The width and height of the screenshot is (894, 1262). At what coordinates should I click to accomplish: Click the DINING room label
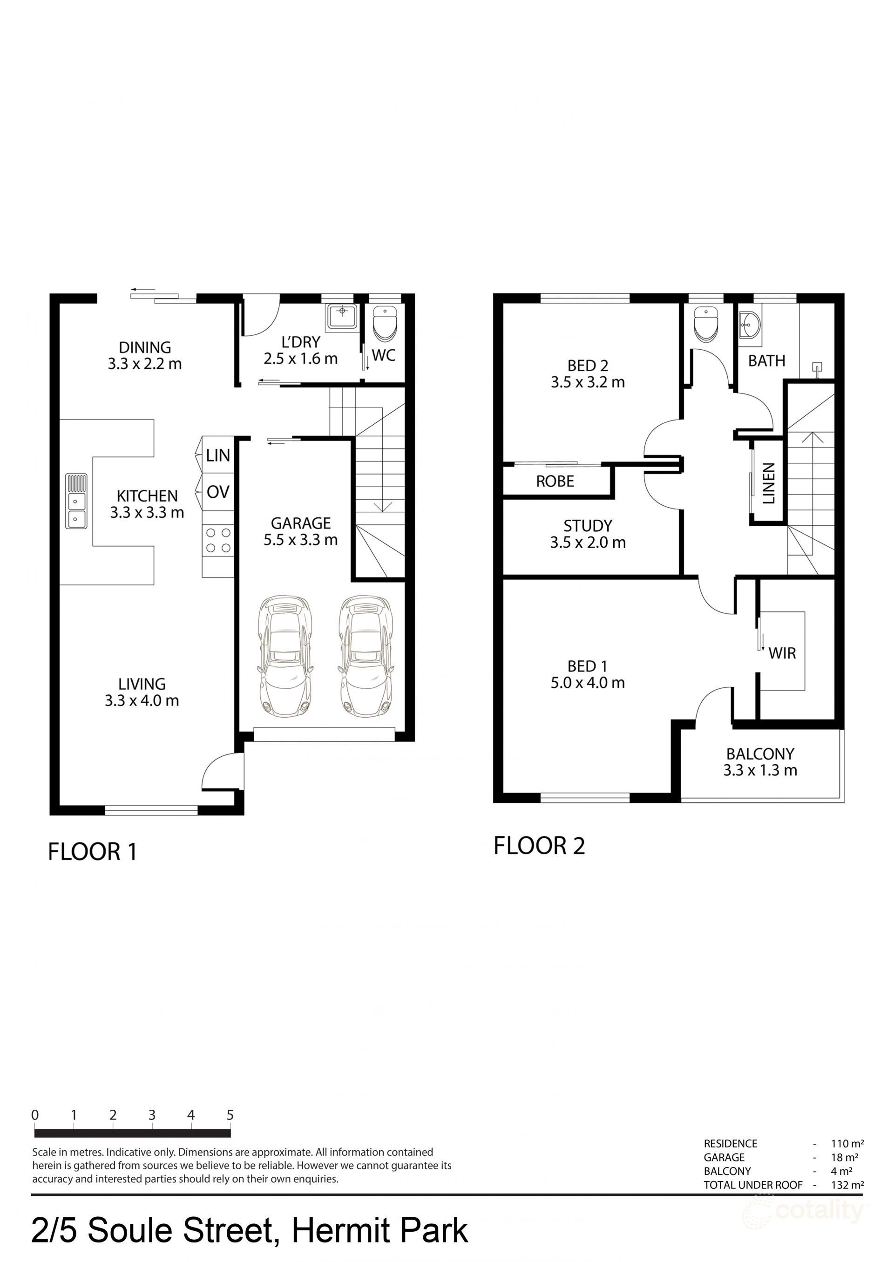click(x=145, y=347)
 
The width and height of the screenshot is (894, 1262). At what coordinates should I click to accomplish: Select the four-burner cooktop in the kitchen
click(x=218, y=540)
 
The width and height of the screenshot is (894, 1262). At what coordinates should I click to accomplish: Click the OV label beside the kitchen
click(x=218, y=492)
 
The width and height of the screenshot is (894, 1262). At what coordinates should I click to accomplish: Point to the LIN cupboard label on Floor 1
click(x=218, y=455)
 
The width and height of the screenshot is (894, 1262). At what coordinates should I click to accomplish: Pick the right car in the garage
click(x=366, y=656)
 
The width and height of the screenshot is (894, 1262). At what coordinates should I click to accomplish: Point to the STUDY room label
click(x=587, y=526)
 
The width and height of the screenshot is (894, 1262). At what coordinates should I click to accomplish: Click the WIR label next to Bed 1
click(x=782, y=653)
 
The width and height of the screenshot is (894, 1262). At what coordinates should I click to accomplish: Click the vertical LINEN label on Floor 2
click(x=768, y=483)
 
